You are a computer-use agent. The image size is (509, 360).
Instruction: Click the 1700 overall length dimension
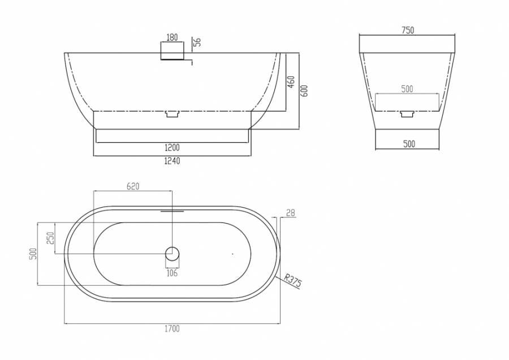172,329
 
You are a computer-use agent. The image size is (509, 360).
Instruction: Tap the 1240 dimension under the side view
172,161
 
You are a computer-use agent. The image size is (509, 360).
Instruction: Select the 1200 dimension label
172,148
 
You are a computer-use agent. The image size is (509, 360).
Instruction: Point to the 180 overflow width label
172,37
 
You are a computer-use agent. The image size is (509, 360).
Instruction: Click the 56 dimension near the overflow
197,41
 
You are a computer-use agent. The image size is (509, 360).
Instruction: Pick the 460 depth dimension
291,82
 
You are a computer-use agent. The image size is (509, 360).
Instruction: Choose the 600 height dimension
304,91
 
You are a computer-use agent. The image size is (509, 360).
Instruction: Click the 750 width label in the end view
408,30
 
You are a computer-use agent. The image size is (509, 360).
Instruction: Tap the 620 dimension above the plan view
133,186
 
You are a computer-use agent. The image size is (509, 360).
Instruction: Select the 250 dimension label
50,238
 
